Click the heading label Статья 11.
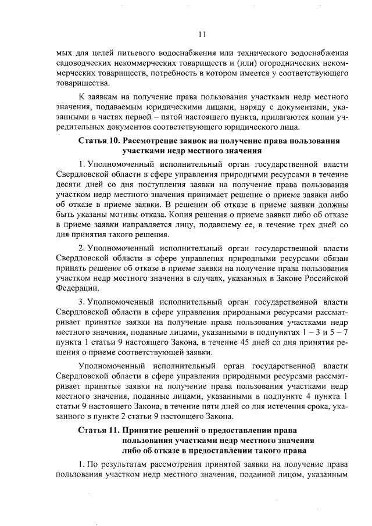click(x=98, y=431)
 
